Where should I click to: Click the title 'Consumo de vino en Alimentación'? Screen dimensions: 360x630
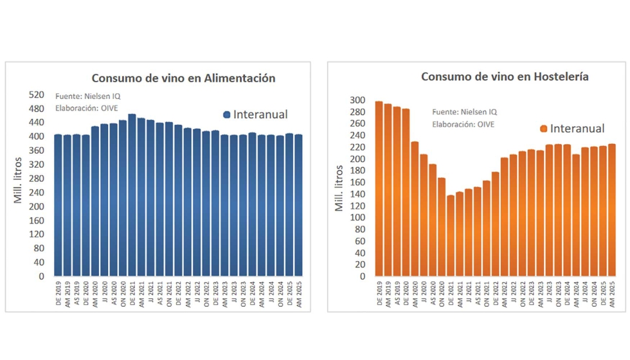[183, 78]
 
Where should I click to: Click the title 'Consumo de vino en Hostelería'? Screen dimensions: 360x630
[505, 76]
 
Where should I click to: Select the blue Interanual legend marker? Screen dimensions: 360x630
[226, 115]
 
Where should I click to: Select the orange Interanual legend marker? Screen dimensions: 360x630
[543, 129]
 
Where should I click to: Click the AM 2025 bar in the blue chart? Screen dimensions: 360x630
[298, 206]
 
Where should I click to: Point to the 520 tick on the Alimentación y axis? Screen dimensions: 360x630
[37, 94]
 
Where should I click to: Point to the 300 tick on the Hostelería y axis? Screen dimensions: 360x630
[357, 100]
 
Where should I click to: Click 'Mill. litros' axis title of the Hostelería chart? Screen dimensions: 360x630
[339, 188]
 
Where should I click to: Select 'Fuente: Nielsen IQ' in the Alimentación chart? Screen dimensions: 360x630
[88, 96]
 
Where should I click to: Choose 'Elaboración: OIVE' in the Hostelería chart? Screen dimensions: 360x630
[463, 124]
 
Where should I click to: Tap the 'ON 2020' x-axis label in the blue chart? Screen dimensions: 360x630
[123, 292]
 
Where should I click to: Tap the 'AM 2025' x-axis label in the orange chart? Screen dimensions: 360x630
[612, 293]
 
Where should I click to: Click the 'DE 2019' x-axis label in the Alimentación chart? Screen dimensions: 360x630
[58, 292]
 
